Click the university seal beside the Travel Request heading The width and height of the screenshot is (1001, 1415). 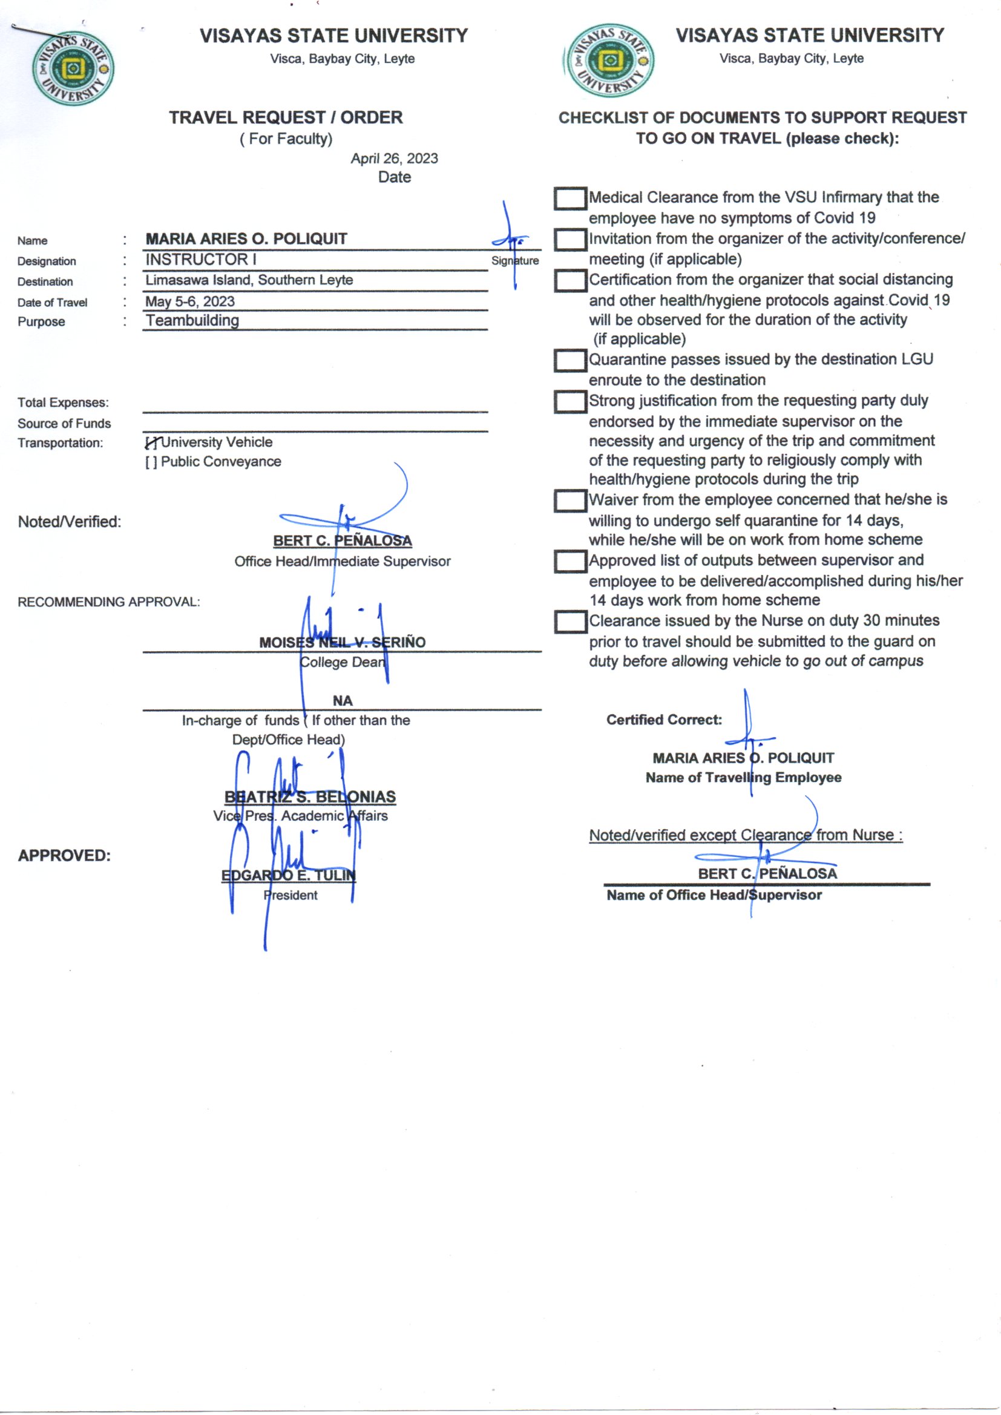(73, 68)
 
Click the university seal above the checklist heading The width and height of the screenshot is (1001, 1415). (609, 61)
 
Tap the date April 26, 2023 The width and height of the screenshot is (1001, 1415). (394, 159)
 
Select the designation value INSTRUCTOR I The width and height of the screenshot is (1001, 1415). (200, 260)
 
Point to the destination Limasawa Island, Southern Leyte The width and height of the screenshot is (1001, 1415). (249, 280)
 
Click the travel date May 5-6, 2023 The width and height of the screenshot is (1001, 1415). (190, 301)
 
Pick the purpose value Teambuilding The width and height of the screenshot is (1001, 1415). (192, 321)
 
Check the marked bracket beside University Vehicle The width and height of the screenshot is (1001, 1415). (152, 442)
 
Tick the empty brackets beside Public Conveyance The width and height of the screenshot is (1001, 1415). (151, 462)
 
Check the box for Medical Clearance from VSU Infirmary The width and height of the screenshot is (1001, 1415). (569, 199)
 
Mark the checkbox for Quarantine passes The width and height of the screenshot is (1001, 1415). (569, 361)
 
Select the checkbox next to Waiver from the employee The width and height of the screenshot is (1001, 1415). (569, 501)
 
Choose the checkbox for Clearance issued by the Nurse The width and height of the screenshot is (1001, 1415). (569, 622)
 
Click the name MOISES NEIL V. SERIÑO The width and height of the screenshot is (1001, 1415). (342, 642)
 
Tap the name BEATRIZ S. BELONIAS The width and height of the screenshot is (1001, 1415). (310, 796)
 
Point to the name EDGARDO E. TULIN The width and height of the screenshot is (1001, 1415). (289, 875)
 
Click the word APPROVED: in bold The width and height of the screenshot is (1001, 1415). (64, 855)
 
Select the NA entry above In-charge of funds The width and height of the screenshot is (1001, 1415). (342, 701)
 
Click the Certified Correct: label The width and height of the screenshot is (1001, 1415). (664, 720)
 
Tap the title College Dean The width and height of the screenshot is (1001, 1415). (342, 663)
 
